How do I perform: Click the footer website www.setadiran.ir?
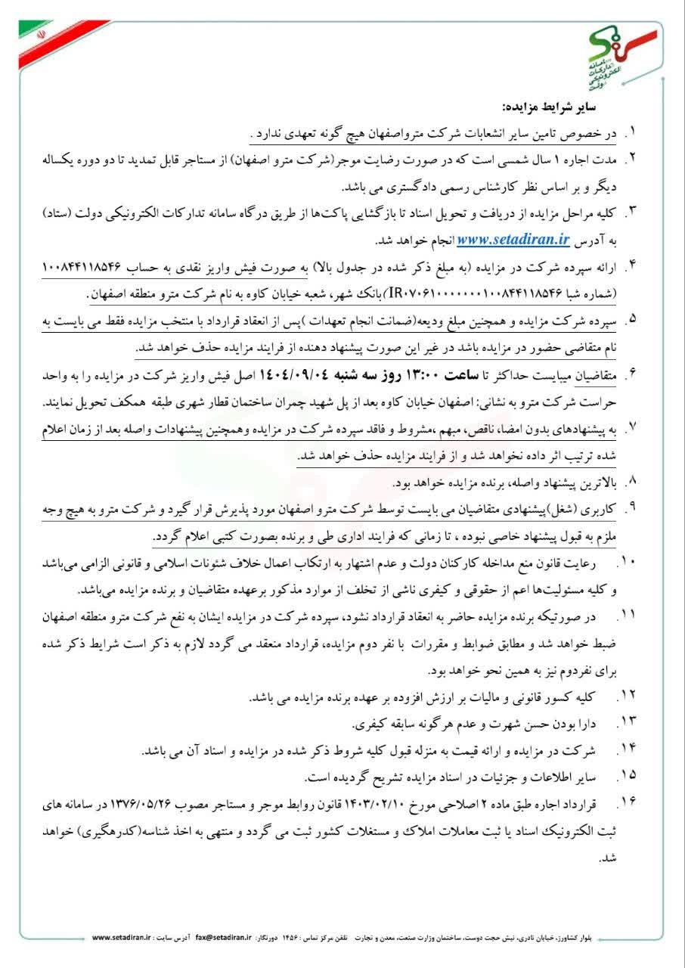(123, 937)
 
